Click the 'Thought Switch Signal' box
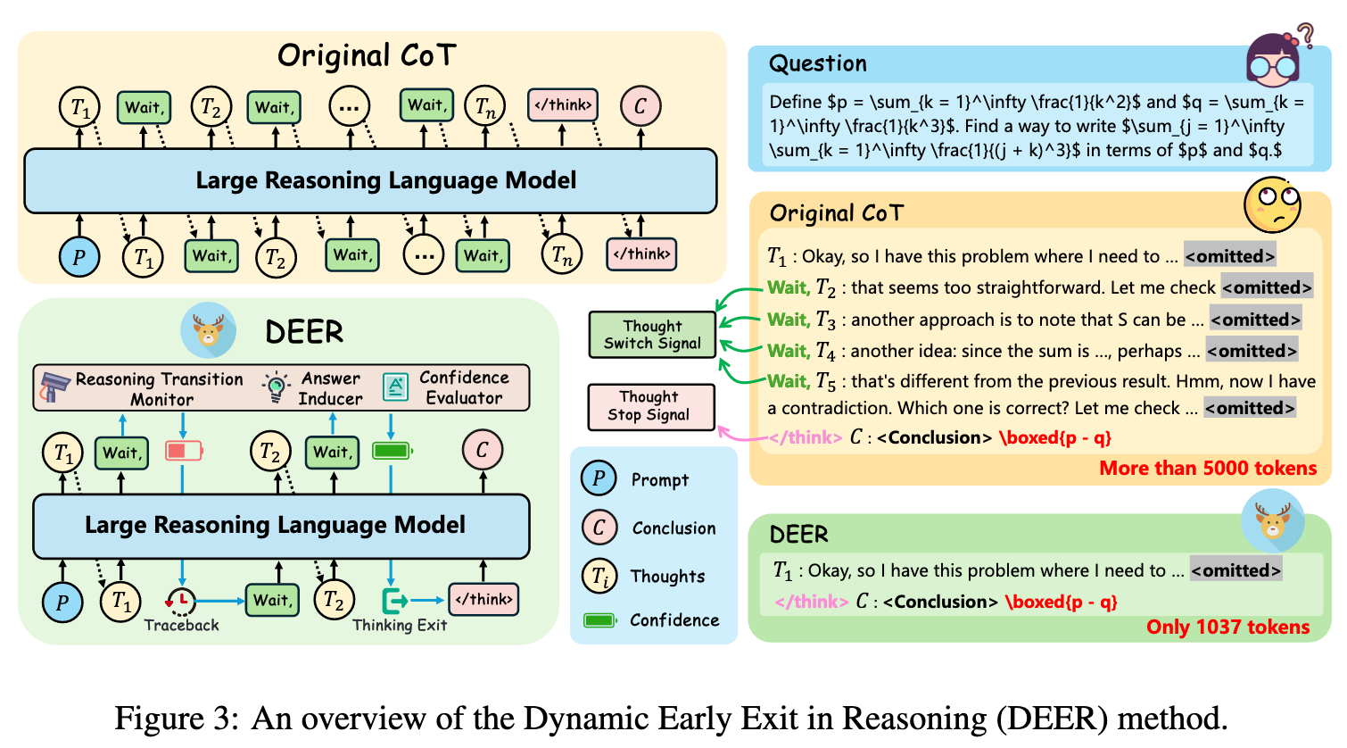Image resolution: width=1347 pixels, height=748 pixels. point(652,335)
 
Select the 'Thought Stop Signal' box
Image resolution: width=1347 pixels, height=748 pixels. point(651,406)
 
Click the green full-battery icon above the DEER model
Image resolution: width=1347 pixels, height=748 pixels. point(391,451)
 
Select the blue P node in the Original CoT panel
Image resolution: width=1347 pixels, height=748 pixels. point(79,257)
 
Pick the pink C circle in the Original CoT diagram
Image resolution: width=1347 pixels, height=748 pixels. point(640,106)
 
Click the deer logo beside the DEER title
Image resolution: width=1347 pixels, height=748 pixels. point(208,330)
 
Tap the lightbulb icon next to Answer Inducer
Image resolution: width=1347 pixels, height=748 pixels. point(276,386)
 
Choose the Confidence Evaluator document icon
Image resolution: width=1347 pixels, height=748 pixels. point(395,386)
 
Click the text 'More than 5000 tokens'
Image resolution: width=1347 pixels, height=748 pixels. point(1207,468)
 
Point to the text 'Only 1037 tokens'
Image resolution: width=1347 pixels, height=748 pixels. point(1227,627)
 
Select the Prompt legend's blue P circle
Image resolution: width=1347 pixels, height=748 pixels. point(599,479)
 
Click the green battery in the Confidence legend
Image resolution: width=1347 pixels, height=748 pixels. point(599,619)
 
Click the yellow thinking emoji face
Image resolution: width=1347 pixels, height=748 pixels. point(1273,204)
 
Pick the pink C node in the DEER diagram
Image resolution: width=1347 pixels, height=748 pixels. point(482,451)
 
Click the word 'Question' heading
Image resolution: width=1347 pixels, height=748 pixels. point(817,63)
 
